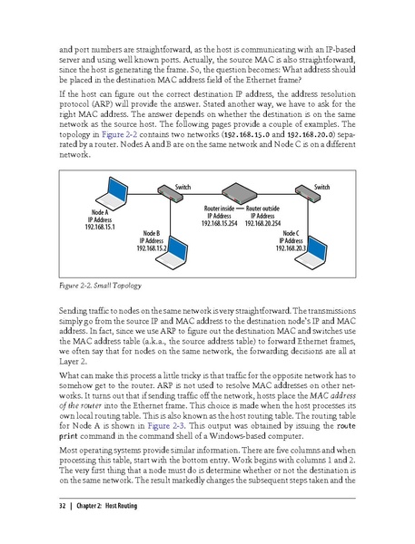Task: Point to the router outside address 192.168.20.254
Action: tap(263, 222)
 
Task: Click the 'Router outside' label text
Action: tap(263, 209)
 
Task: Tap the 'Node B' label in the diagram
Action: tap(152, 233)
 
